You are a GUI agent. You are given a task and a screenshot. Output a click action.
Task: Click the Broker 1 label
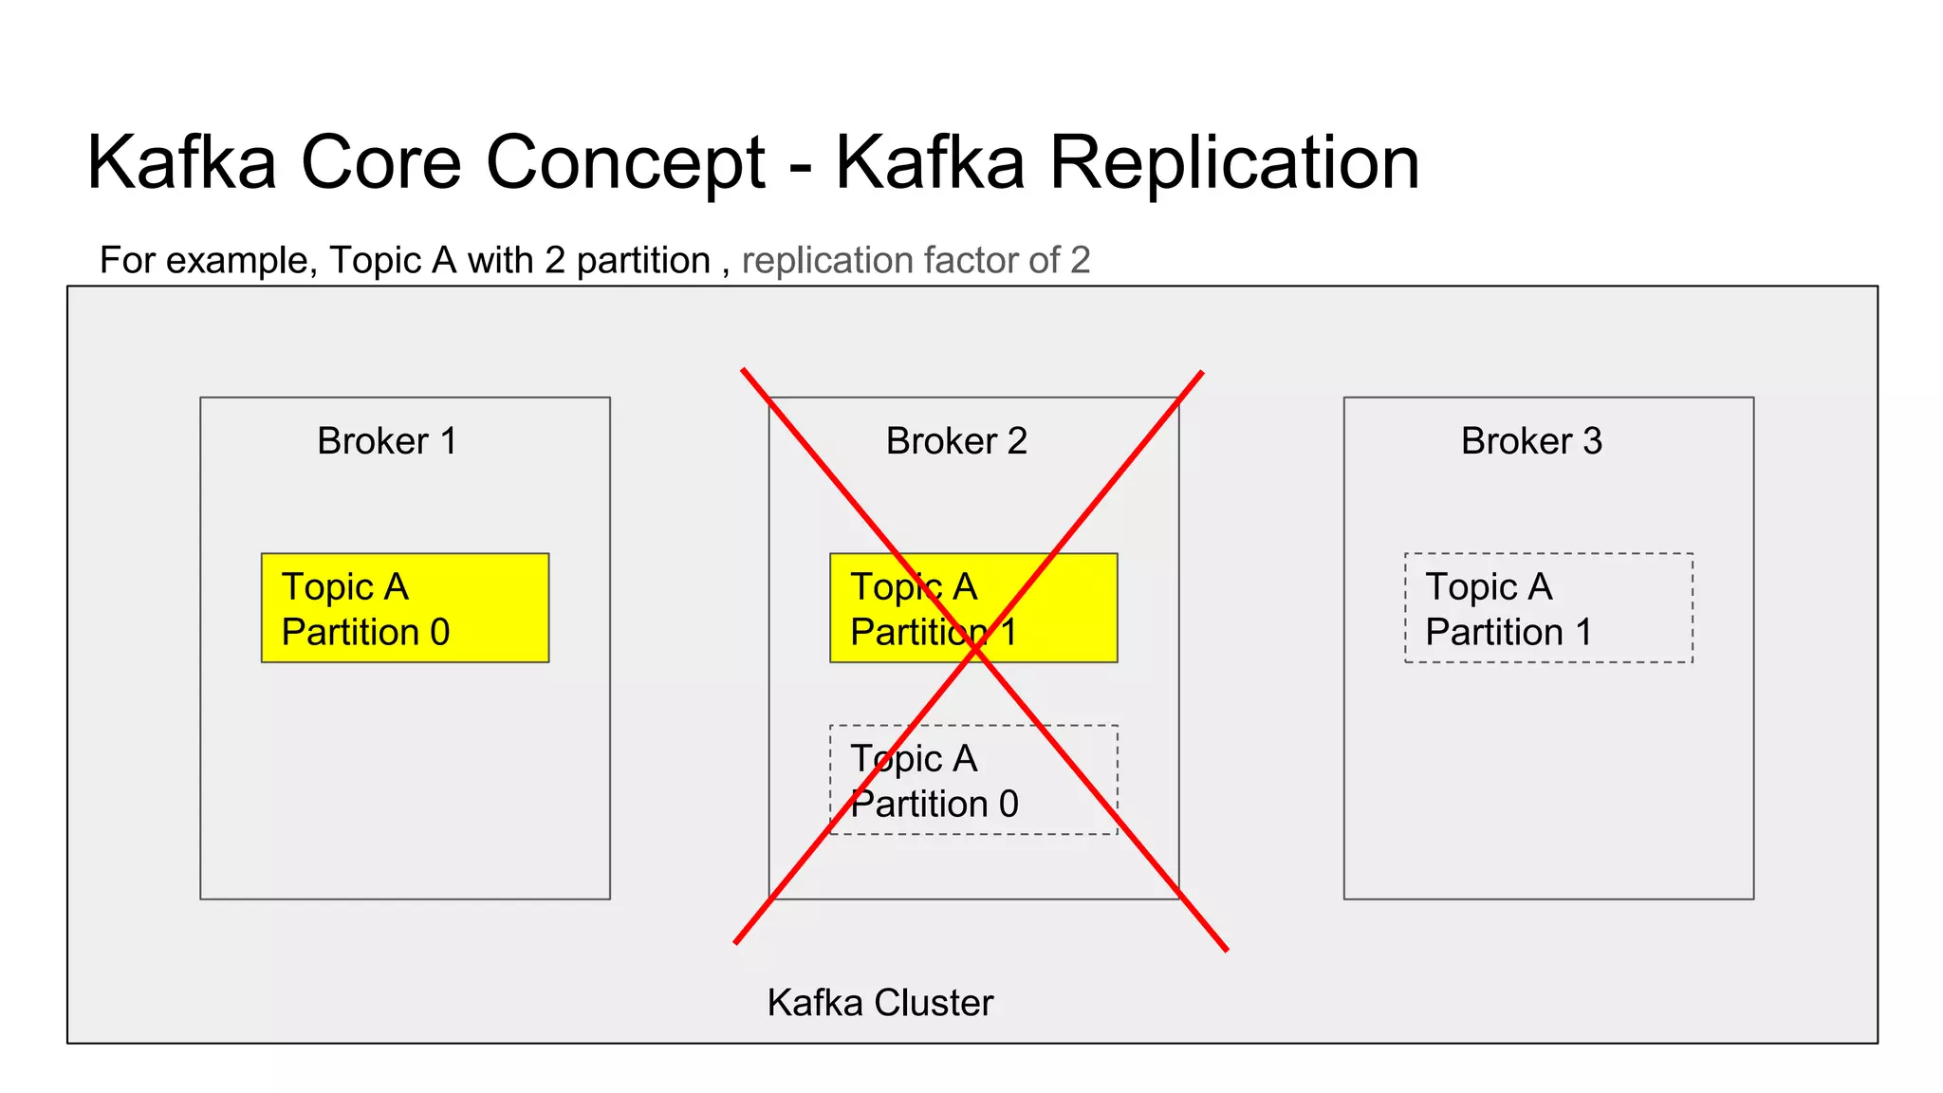tap(387, 441)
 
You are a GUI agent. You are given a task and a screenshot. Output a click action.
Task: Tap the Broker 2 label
tap(956, 441)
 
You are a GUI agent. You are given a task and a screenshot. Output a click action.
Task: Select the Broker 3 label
tap(1531, 441)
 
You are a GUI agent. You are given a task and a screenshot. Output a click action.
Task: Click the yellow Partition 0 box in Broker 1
tap(405, 608)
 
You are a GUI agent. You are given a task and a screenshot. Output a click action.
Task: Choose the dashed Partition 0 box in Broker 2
tap(973, 780)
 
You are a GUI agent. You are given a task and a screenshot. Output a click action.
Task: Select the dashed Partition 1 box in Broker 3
tap(1548, 608)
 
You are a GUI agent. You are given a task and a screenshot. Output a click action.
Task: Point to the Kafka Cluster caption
tap(879, 1003)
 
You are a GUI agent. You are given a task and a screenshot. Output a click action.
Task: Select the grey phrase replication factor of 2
tap(916, 260)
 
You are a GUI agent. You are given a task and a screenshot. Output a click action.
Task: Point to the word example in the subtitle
tap(240, 261)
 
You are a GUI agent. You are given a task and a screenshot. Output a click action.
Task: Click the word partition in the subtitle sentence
tap(643, 261)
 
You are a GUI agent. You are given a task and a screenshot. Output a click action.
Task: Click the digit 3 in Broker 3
tap(1592, 441)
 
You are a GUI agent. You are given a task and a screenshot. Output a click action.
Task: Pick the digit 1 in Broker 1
tap(449, 441)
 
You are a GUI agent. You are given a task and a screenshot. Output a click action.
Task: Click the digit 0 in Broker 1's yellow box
tap(439, 633)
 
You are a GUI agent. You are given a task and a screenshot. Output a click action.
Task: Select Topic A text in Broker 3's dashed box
tap(1489, 587)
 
